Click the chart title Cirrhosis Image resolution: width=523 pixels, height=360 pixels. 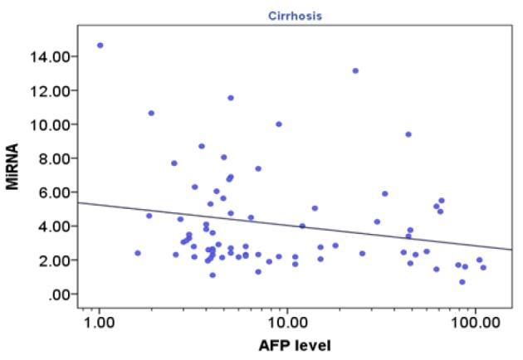[x=300, y=16]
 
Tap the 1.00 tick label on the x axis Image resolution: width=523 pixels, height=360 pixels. [x=100, y=316]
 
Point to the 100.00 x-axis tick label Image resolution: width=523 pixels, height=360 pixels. [x=475, y=316]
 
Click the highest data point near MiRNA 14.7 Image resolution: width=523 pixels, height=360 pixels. [x=100, y=45]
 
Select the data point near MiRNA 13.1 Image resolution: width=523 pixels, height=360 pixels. [x=355, y=71]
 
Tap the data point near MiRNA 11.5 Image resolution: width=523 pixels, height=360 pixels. [x=231, y=98]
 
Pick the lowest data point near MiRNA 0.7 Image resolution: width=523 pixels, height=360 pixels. [x=462, y=282]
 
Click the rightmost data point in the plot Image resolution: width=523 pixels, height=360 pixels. [x=483, y=267]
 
